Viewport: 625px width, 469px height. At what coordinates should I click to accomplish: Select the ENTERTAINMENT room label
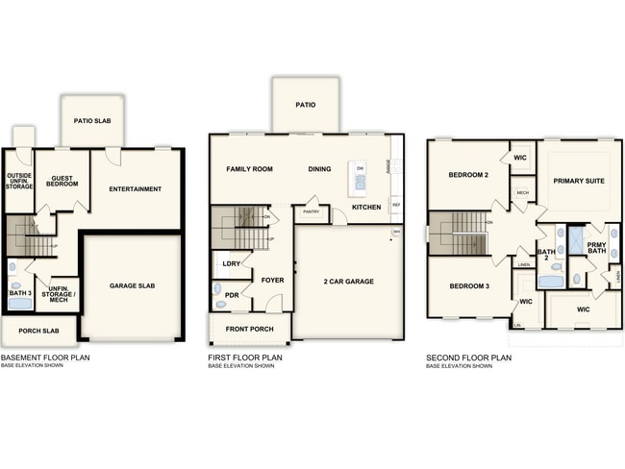(x=135, y=188)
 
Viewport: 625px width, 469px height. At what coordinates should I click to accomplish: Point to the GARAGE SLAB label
(x=132, y=285)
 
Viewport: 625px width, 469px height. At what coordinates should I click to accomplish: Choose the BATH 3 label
(x=19, y=291)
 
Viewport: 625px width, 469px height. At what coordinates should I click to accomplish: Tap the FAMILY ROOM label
(x=249, y=169)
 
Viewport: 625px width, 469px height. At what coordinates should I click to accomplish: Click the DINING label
(x=319, y=169)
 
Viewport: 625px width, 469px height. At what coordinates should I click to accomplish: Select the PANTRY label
(x=311, y=211)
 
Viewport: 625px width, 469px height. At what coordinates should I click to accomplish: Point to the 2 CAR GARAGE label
(x=348, y=281)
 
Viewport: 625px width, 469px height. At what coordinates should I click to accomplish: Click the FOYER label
(x=272, y=281)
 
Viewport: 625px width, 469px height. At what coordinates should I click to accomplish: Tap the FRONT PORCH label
(x=250, y=329)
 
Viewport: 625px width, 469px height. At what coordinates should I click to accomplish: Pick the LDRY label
(x=231, y=262)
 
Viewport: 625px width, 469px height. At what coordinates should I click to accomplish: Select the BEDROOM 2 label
(x=468, y=175)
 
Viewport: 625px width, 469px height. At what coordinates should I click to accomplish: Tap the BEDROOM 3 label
(x=468, y=286)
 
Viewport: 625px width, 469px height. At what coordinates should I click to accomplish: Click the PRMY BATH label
(x=596, y=248)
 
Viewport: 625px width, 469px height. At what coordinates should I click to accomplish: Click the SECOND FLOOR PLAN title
(x=468, y=358)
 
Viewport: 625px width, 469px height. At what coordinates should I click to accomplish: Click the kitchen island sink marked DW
(x=360, y=179)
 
